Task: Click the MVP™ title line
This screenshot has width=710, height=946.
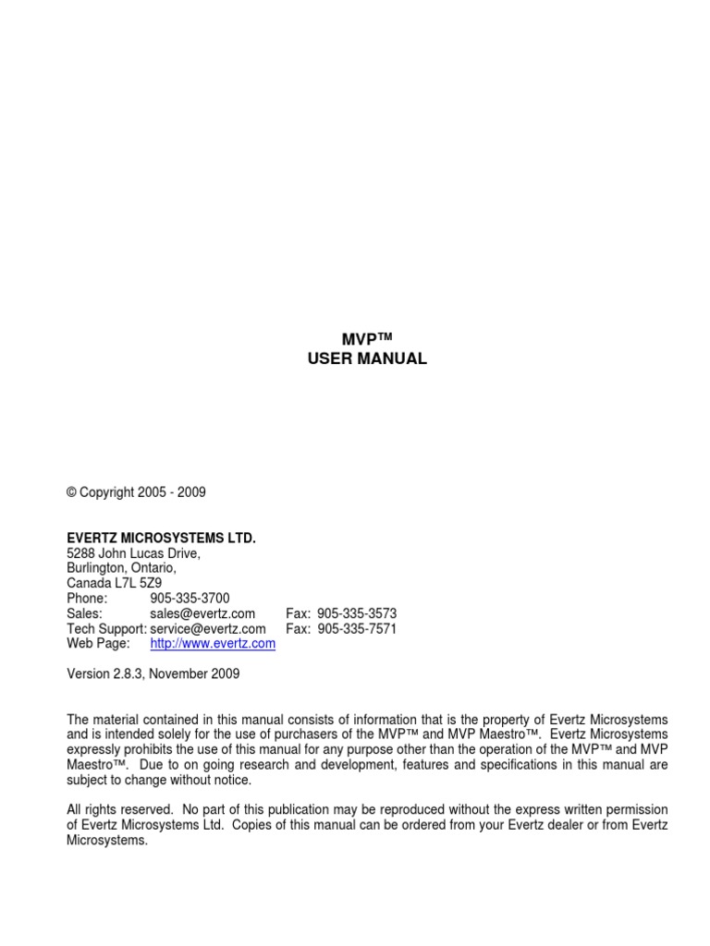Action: click(367, 340)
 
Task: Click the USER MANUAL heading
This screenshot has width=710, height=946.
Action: click(367, 359)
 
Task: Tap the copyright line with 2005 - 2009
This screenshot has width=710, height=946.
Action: click(136, 492)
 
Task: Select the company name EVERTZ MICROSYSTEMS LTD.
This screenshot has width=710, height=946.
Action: click(161, 538)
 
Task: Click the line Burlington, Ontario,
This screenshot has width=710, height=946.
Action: click(121, 568)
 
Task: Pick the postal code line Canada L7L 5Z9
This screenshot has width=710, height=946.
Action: click(115, 583)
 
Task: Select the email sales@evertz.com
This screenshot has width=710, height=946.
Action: click(202, 613)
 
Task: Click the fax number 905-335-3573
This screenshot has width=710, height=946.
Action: click(357, 613)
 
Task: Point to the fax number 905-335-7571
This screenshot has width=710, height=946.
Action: click(357, 628)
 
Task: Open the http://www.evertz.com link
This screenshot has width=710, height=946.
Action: click(213, 644)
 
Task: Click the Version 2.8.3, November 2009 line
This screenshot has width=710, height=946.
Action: click(153, 674)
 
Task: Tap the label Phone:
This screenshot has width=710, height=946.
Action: click(88, 599)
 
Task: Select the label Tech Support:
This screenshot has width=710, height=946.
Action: click(106, 628)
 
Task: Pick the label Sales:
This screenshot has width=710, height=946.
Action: click(84, 613)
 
